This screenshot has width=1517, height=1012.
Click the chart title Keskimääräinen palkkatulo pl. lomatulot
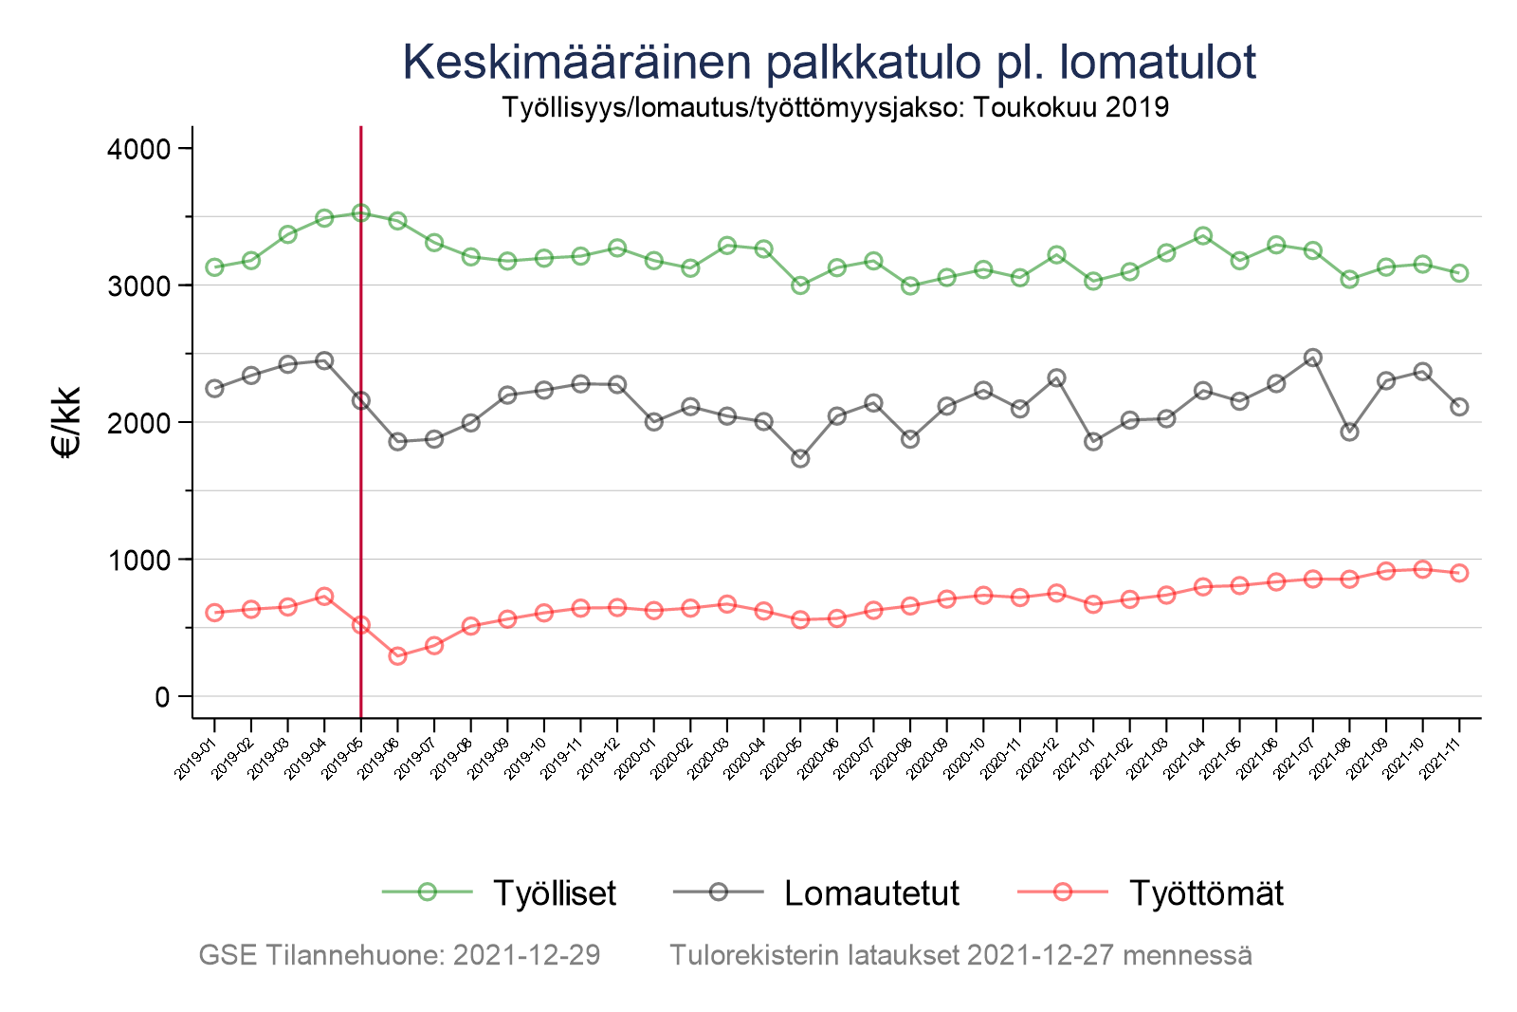830,63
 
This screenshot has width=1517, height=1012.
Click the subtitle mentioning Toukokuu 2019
834,107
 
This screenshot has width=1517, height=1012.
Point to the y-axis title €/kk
68,422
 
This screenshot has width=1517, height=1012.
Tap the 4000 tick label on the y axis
137,149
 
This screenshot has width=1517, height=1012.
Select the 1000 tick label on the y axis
137,560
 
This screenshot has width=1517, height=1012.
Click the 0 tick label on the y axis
160,697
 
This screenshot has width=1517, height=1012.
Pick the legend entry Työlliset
555,892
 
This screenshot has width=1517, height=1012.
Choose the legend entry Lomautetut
871,892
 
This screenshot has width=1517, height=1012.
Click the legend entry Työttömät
1206,892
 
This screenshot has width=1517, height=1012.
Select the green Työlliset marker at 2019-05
361,213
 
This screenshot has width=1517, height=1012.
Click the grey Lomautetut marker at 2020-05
800,458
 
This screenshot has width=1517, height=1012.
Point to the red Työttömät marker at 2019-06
397,656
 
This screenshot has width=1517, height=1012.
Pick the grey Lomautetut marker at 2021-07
1313,358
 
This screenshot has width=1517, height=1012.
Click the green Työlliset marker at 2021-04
1203,235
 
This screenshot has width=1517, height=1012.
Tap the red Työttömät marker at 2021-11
1459,573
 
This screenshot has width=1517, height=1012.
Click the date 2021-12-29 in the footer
526,955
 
